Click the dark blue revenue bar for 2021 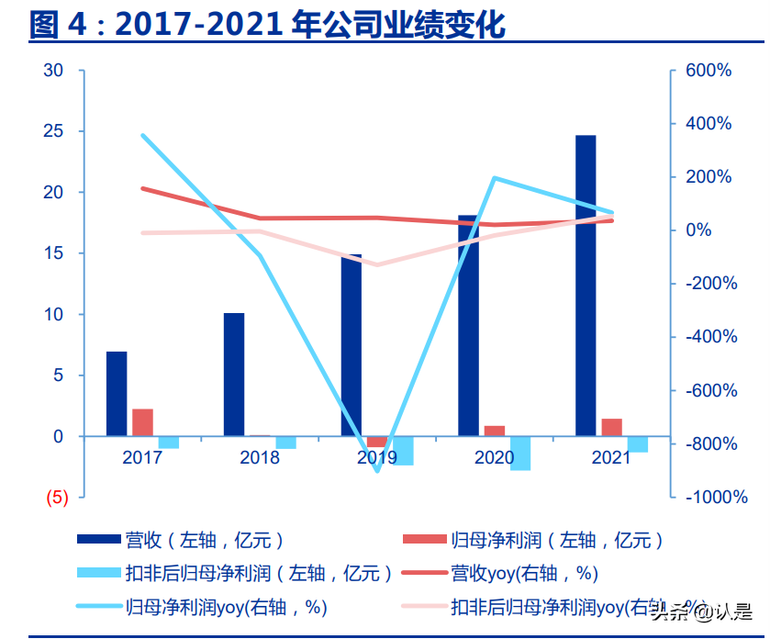586,285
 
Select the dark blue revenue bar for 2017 117,393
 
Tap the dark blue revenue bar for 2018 234,374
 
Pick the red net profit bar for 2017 142,422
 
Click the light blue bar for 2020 520,454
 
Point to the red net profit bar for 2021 612,427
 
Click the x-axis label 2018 260,457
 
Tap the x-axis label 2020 495,457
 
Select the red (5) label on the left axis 56,498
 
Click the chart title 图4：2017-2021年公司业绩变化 267,25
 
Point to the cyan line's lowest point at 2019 377,471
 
